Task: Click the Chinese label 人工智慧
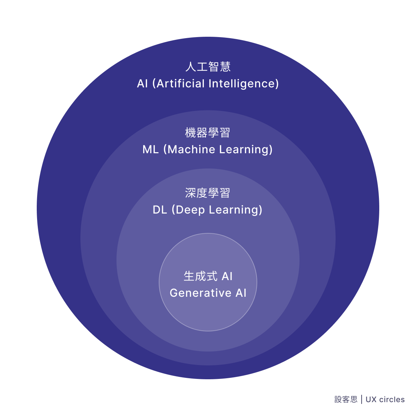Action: (x=208, y=67)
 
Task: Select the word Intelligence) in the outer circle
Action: (x=243, y=84)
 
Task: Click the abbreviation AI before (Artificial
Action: (x=142, y=84)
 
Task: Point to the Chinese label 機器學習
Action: (x=208, y=132)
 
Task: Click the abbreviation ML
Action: (x=150, y=149)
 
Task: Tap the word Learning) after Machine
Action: (x=246, y=150)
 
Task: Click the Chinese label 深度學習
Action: (x=208, y=193)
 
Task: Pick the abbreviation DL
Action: (x=160, y=210)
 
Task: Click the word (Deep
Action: (x=188, y=210)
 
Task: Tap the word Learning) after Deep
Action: (x=235, y=210)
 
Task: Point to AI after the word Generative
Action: (x=241, y=293)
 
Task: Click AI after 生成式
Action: (x=227, y=276)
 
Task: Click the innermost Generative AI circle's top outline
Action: (x=208, y=233)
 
